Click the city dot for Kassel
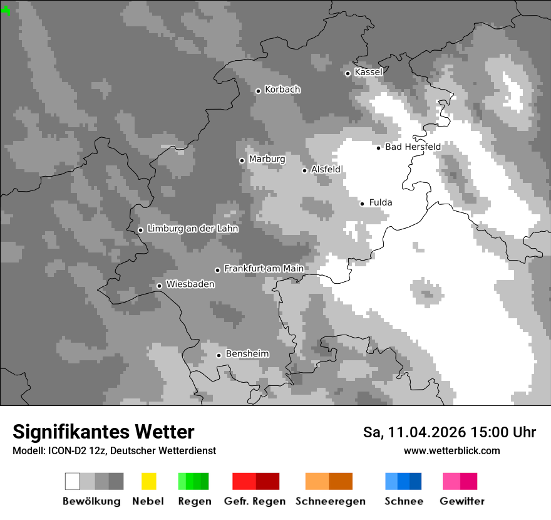tap(348, 73)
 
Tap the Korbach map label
tap(282, 90)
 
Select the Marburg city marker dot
tap(242, 160)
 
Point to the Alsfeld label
tap(326, 170)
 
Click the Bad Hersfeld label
tap(413, 147)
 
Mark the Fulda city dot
tap(362, 204)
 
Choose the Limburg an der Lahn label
tap(192, 229)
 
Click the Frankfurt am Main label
tap(264, 269)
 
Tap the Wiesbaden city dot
tap(159, 286)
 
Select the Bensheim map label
tap(247, 354)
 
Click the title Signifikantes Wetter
tap(103, 432)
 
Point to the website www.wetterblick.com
tap(451, 451)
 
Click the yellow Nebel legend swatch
tap(148, 481)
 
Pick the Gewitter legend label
tap(462, 501)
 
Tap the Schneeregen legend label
tap(330, 501)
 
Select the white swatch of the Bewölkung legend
tap(73, 481)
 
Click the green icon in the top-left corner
tap(6, 11)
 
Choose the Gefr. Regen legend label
tap(255, 501)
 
